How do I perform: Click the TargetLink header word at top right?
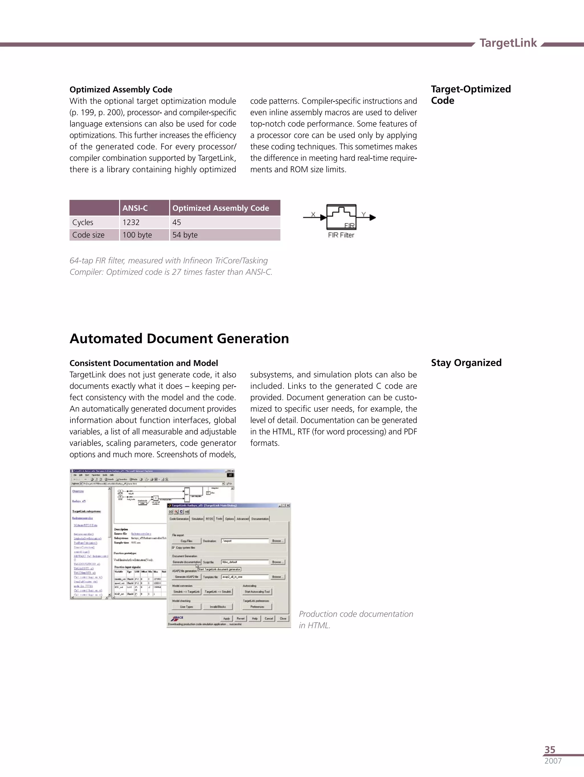click(508, 43)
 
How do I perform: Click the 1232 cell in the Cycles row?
click(131, 222)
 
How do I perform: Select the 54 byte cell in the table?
click(185, 235)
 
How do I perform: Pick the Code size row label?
click(88, 235)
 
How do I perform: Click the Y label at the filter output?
click(364, 214)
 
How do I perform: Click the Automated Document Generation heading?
click(179, 339)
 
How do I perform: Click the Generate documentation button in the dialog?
click(186, 562)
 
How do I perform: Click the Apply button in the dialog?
click(227, 618)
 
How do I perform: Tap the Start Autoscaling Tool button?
click(257, 592)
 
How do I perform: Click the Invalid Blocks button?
click(218, 607)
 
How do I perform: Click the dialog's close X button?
click(288, 506)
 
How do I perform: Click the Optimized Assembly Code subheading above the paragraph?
click(121, 90)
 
